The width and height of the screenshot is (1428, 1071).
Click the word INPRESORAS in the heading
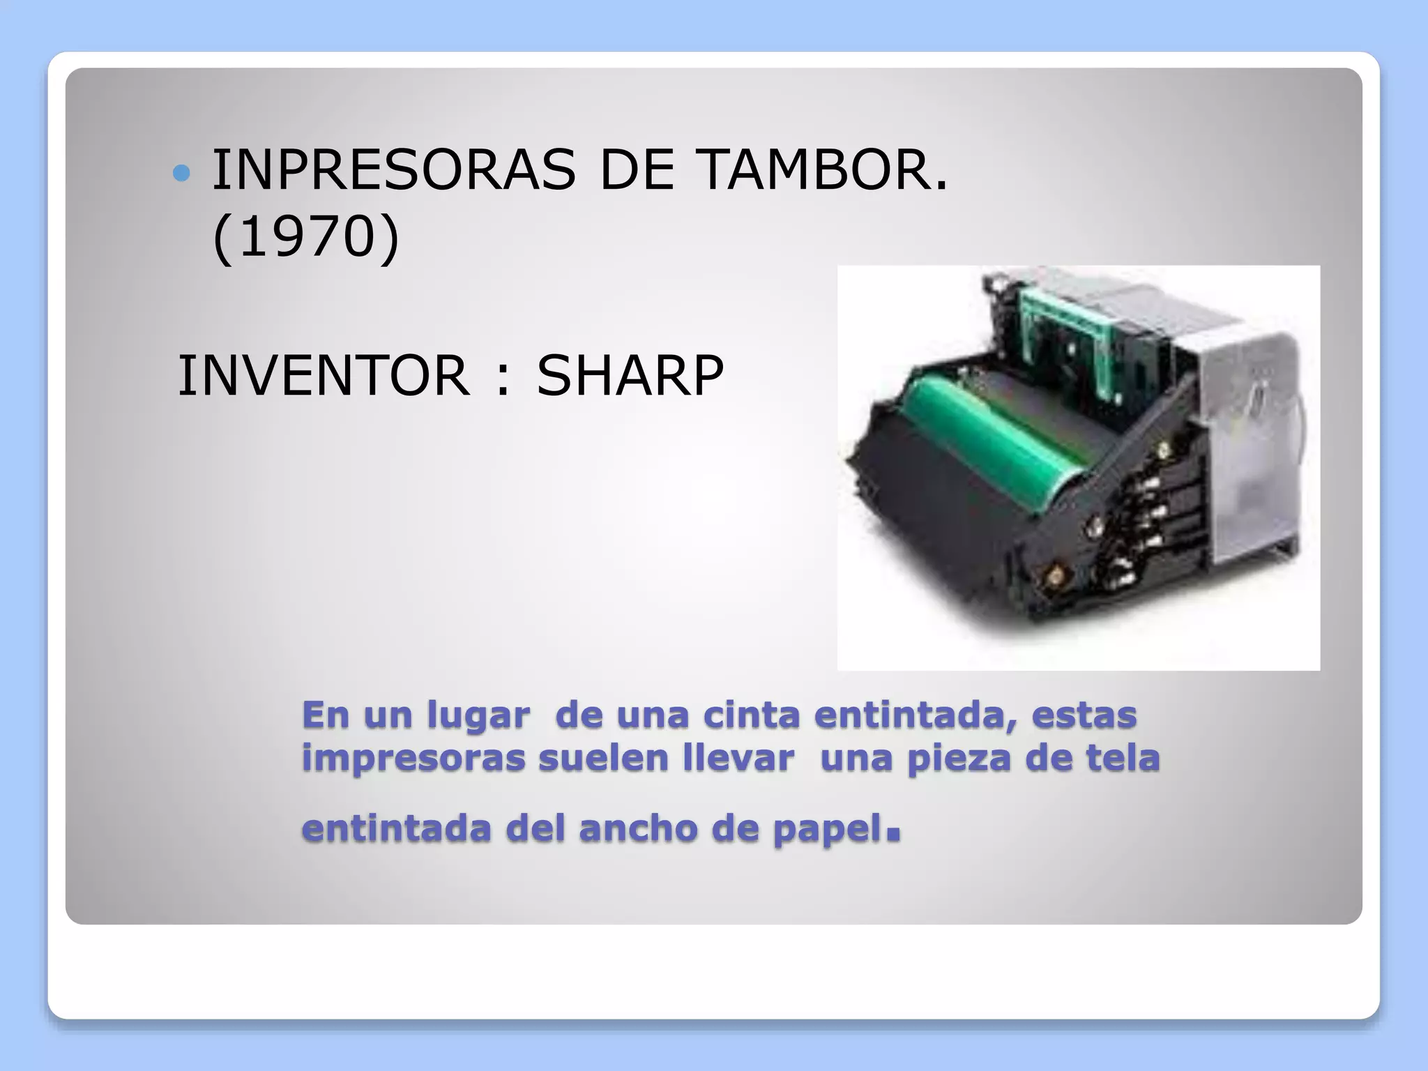pyautogui.click(x=393, y=170)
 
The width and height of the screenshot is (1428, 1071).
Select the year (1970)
pyautogui.click(x=305, y=237)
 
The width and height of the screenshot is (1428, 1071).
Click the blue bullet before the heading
pyautogui.click(x=181, y=173)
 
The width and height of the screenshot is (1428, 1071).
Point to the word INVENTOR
pyautogui.click(x=324, y=376)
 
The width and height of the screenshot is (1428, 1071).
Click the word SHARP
pyautogui.click(x=630, y=376)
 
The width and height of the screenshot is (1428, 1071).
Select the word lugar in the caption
pyautogui.click(x=478, y=715)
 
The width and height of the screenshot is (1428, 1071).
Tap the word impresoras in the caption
pyautogui.click(x=413, y=759)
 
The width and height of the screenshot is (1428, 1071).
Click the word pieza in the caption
pyautogui.click(x=959, y=759)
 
